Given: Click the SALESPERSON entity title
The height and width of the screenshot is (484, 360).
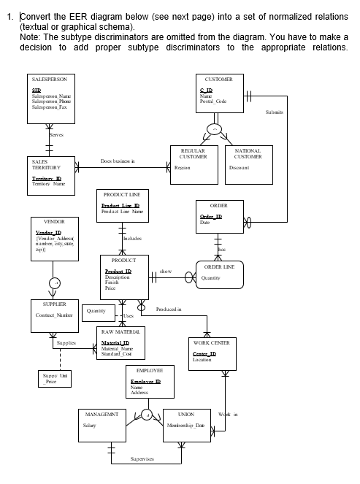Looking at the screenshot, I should [x=50, y=77].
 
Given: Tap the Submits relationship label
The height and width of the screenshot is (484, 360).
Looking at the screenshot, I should [x=275, y=112].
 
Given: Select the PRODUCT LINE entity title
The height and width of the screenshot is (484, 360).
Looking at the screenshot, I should [x=121, y=195].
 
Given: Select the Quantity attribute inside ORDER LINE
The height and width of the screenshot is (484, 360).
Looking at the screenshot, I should [x=211, y=277].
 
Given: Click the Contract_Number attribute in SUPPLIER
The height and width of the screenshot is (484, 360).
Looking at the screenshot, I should [x=51, y=315].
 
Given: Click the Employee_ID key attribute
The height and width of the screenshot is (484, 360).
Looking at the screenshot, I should [x=145, y=382].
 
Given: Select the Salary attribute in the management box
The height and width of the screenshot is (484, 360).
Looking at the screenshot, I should [x=90, y=425].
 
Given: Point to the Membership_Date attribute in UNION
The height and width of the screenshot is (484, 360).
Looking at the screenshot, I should [x=185, y=425].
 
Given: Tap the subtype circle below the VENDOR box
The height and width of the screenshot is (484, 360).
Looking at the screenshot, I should [x=53, y=283].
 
